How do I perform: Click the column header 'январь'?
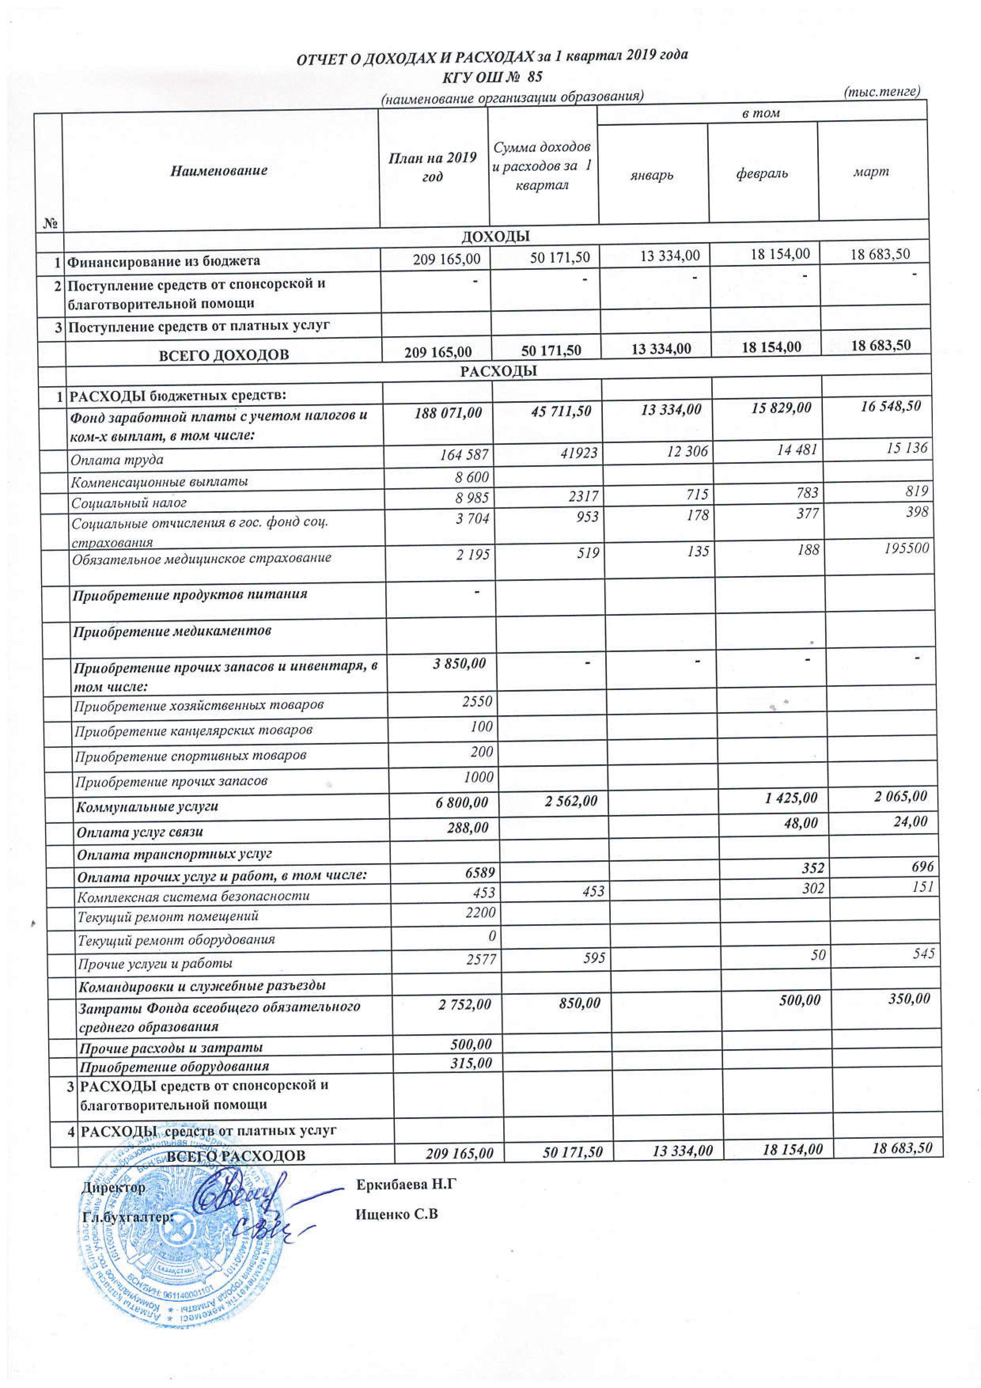click(651, 175)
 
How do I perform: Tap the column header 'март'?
click(871, 172)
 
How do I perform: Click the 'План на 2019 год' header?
click(432, 167)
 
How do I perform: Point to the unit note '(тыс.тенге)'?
click(881, 91)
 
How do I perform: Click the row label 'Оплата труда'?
click(117, 459)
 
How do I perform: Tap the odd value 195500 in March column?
click(906, 548)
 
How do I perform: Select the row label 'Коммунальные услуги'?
click(147, 806)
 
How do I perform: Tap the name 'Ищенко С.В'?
click(396, 1214)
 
